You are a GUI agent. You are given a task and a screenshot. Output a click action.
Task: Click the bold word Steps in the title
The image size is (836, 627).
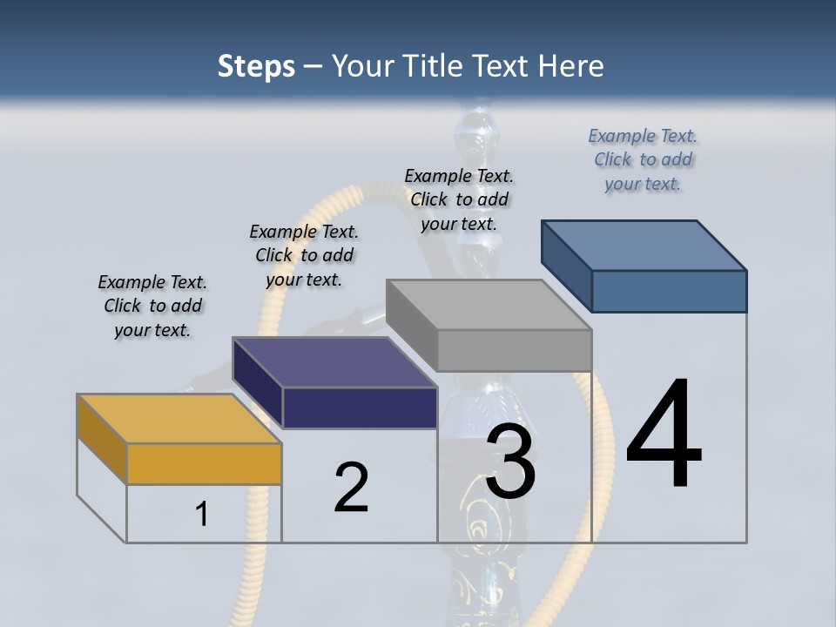pos(256,66)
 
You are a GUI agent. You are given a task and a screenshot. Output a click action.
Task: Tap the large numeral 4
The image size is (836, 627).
pos(664,435)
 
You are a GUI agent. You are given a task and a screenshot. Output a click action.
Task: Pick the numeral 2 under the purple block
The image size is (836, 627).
pos(351,488)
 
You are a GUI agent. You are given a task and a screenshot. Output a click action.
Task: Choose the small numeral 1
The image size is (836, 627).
pos(202,514)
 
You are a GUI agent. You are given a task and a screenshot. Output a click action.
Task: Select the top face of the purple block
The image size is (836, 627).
pos(334,362)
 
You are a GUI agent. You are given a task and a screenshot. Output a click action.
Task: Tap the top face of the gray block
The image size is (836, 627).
pos(489,305)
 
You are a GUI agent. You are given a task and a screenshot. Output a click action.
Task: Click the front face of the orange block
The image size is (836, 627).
pos(204,463)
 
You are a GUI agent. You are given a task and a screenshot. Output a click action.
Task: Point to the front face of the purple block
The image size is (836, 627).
pos(360,408)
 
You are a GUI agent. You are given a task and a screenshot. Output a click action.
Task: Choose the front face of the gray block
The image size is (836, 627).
pos(514,350)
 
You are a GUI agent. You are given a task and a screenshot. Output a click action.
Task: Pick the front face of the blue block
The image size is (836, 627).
pos(669,291)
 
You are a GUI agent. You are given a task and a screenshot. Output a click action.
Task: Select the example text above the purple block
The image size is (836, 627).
pos(304,255)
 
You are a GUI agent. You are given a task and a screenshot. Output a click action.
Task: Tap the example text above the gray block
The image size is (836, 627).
pos(459,199)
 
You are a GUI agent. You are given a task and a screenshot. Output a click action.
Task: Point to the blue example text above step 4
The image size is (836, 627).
pos(643,159)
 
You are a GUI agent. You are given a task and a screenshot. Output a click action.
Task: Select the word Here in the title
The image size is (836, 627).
pos(573,66)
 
